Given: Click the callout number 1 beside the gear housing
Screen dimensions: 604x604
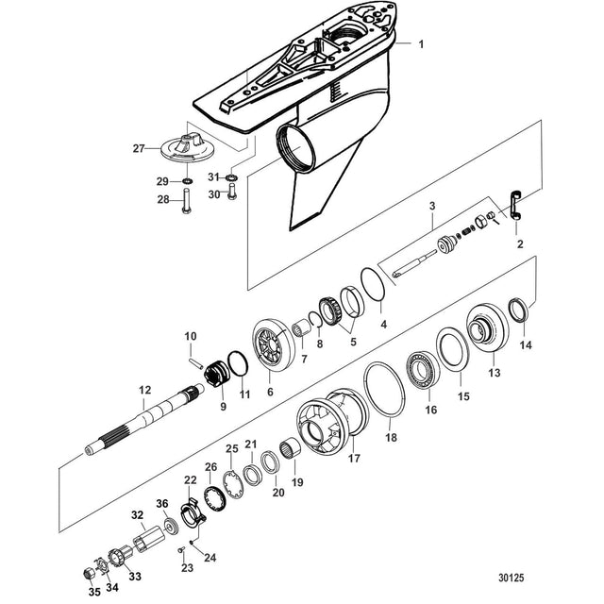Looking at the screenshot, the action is click(x=421, y=44).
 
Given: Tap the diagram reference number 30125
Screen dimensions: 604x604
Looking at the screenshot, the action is click(x=512, y=578).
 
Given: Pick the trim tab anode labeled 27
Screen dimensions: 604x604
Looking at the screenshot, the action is click(x=187, y=149).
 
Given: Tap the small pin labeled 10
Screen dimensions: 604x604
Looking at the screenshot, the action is click(x=195, y=363).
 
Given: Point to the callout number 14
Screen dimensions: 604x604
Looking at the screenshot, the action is click(x=526, y=344).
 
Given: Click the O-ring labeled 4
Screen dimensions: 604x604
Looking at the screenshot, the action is click(x=373, y=284).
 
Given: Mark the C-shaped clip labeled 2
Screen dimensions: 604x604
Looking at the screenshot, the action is click(x=513, y=205).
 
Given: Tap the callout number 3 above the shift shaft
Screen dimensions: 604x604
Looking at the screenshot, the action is click(x=432, y=206).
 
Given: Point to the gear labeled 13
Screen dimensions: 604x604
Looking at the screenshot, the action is click(x=487, y=327).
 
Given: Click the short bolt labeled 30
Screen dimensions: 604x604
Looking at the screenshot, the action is click(x=232, y=191).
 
